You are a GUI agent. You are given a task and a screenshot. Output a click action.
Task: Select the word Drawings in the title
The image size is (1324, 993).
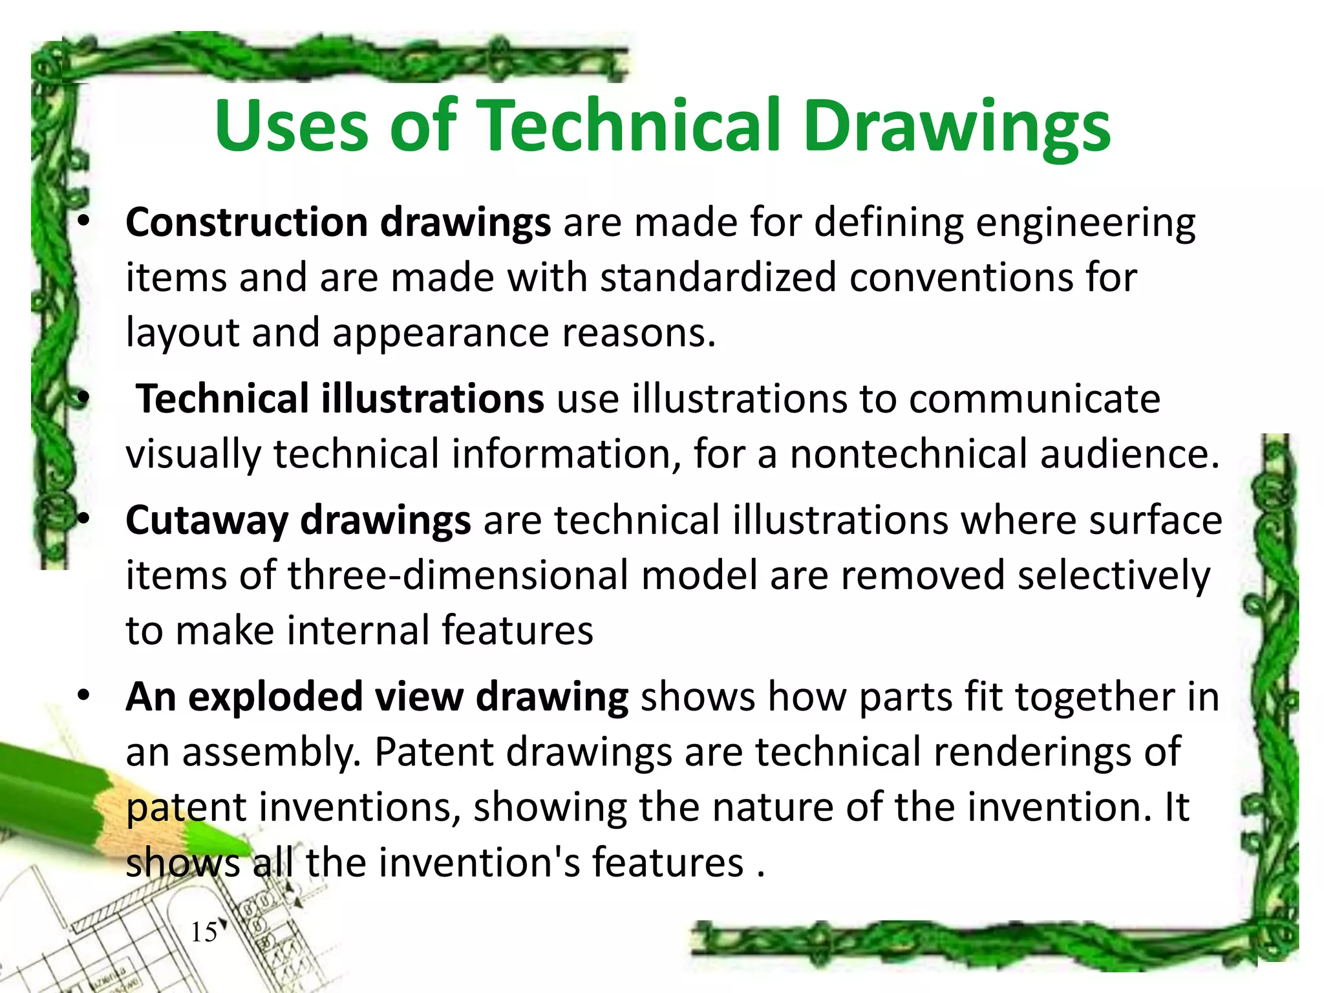[x=957, y=126]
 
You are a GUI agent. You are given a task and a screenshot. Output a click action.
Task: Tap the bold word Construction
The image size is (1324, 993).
[x=247, y=222]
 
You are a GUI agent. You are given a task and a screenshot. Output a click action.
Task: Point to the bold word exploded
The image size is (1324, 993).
[x=275, y=697]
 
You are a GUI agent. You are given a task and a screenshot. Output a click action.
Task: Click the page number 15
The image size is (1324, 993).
[x=204, y=932]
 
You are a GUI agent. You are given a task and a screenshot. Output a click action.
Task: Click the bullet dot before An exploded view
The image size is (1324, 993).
[x=83, y=697]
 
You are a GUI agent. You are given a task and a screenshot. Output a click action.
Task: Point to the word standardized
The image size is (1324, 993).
[x=718, y=278]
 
